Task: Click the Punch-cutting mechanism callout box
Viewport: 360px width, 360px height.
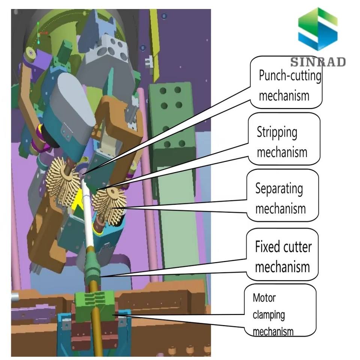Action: coord(286,82)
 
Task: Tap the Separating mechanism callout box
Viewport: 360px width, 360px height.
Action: coord(282,195)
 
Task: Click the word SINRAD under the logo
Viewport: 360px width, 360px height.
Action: coord(318,62)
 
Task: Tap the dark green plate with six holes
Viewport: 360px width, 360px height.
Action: coord(172,116)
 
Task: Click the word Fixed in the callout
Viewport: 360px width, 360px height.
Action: coord(267,247)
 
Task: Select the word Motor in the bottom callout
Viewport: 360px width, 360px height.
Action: coord(264,298)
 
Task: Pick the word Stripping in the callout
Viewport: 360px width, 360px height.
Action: coord(277,132)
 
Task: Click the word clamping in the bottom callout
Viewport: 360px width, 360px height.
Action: coord(268,315)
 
